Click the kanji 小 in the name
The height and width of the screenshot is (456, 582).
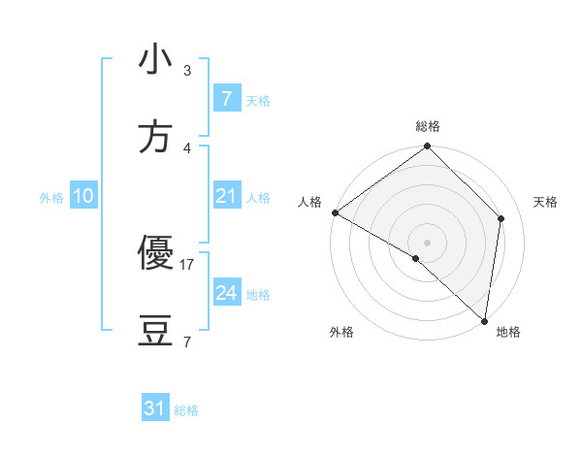[155, 60]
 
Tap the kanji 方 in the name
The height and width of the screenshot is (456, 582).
[155, 139]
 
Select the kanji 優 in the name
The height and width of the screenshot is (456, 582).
[155, 254]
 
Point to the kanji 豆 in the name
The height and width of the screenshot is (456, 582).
[155, 333]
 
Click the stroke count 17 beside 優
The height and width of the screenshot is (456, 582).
[187, 264]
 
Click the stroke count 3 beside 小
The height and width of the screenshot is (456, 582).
[187, 71]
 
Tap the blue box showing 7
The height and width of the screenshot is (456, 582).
[226, 99]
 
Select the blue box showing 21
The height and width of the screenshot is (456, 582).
[226, 196]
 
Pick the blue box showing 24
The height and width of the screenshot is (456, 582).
[226, 293]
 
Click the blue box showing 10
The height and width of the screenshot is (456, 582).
[82, 196]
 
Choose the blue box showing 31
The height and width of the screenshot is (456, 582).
[155, 408]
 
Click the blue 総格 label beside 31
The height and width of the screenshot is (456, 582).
[186, 410]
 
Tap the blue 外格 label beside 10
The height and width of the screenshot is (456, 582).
[51, 198]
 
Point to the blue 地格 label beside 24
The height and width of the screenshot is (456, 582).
[258, 295]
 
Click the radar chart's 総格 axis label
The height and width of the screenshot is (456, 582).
[428, 126]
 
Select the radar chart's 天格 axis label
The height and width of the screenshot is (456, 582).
[546, 202]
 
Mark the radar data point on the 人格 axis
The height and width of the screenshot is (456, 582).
[335, 212]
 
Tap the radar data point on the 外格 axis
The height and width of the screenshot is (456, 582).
[416, 258]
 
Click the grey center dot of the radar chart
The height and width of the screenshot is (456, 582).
[428, 243]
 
